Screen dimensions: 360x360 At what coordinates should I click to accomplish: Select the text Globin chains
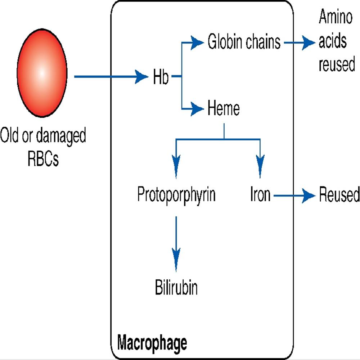tap(244, 42)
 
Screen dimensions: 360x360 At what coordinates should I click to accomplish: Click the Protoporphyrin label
tap(176, 195)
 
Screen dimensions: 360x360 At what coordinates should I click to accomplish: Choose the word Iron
tap(260, 195)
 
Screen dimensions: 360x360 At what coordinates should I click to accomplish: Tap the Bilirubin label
tap(176, 288)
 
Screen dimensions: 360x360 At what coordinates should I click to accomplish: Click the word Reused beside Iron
tap(339, 195)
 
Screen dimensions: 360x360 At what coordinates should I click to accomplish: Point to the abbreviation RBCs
tap(43, 159)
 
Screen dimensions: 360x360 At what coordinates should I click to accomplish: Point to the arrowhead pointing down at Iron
tap(260, 164)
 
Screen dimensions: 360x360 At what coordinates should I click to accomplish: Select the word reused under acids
tap(337, 65)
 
